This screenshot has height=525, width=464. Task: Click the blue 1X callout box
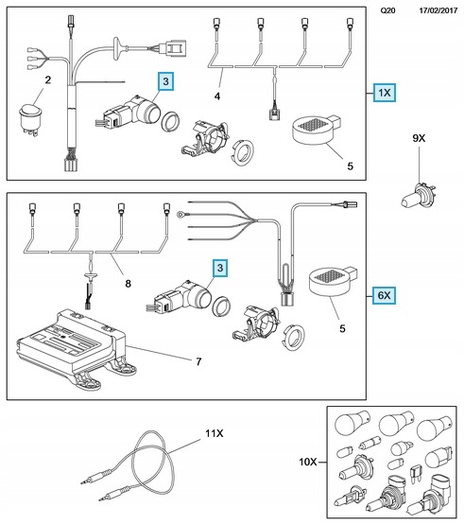(x=385, y=93)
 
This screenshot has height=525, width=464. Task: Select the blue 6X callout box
(x=384, y=295)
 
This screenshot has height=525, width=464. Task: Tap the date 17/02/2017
(x=438, y=10)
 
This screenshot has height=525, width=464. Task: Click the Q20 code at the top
(x=387, y=10)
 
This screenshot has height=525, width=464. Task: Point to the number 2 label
(x=48, y=80)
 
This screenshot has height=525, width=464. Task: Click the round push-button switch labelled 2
(x=31, y=119)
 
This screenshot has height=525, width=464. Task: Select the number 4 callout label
(x=217, y=96)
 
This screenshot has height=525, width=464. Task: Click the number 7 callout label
(x=198, y=361)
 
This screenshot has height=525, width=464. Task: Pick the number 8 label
(x=129, y=284)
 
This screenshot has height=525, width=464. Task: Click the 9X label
(x=419, y=138)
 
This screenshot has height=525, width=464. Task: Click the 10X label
(x=308, y=462)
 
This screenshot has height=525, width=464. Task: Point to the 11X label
(x=215, y=433)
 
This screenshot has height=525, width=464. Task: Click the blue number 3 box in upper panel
(x=165, y=81)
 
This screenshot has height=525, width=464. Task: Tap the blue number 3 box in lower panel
(x=220, y=268)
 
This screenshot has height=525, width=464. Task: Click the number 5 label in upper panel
(x=351, y=166)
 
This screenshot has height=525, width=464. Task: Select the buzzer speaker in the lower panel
(x=332, y=282)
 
